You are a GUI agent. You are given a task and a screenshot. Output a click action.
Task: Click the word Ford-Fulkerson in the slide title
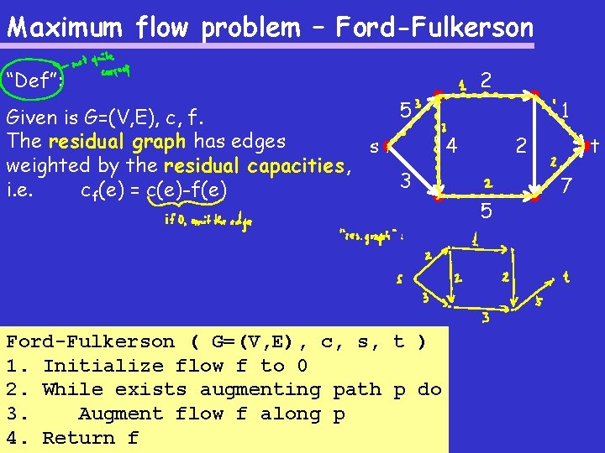434,28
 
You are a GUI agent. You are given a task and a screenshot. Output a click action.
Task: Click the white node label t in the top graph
593,147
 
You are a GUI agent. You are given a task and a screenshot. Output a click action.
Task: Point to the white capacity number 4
452,146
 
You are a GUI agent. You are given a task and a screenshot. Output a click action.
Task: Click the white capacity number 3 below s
405,180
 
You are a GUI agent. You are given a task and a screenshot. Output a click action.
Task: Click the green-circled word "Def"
25,81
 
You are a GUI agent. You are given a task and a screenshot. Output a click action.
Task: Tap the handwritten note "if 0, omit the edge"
208,221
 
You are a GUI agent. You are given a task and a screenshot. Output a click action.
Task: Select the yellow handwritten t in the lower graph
566,274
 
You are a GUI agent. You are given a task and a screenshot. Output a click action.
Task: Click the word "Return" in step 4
78,438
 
